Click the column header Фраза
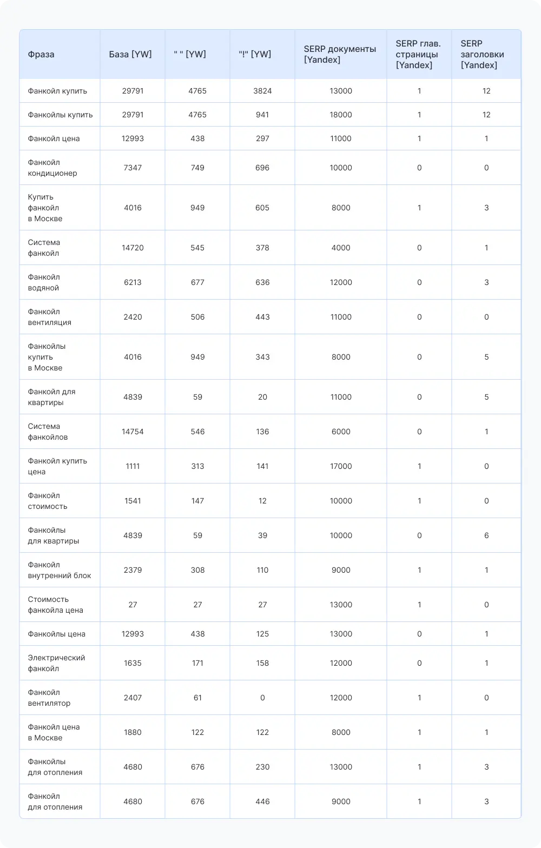pos(41,54)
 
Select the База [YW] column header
pos(130,54)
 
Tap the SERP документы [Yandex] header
pos(340,54)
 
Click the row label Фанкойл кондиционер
pos(52,168)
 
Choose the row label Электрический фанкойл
pos(56,663)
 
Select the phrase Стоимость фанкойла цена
pos(55,605)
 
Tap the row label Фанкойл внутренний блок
pos(60,570)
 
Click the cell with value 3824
pos(262,91)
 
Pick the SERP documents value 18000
pos(341,115)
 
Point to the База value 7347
pos(133,168)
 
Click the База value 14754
pos(133,432)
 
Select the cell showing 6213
pos(133,282)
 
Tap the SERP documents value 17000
pos(341,466)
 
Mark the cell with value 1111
pos(133,466)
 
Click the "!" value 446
pos(262,801)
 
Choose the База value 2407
pos(133,698)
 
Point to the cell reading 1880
pos(133,732)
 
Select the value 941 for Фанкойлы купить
pos(262,115)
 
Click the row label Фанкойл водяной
pos(44,282)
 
